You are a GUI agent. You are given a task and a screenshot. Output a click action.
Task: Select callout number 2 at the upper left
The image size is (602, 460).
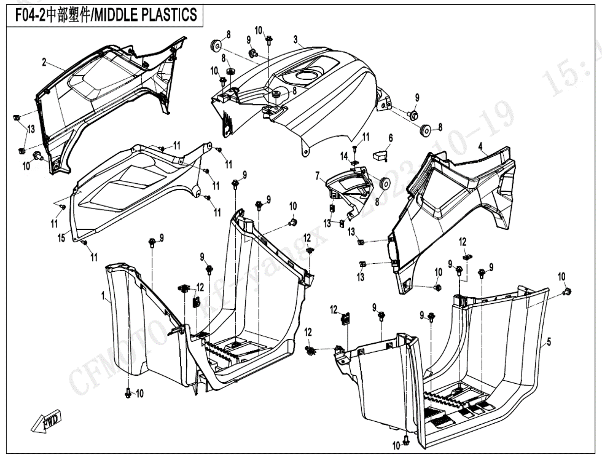click(44, 62)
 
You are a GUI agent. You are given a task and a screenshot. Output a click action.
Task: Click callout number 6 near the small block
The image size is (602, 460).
click(318, 176)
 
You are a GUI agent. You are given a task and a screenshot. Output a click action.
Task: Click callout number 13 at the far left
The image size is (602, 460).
click(31, 129)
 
